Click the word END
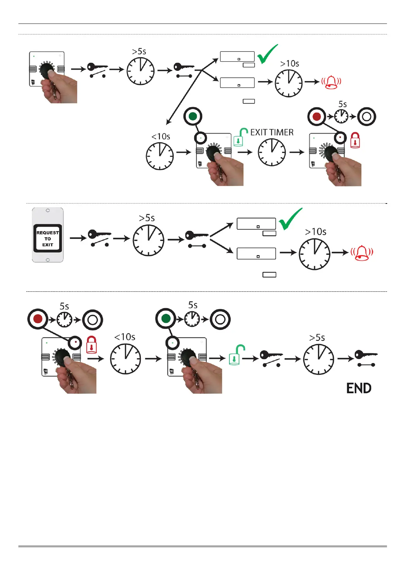(359, 388)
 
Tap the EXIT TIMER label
(272, 132)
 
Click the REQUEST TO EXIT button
(48, 238)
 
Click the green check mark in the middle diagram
(290, 219)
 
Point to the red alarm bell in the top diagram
(331, 82)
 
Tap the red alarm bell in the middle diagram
(362, 253)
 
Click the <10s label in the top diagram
(161, 137)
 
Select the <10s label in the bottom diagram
(125, 337)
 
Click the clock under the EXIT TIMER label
(272, 152)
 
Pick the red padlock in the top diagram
(355, 140)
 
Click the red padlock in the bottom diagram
(91, 345)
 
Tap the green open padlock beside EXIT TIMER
(240, 137)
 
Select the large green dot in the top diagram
(193, 116)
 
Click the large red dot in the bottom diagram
(38, 319)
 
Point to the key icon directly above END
(366, 358)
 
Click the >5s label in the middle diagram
(147, 218)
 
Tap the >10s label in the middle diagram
(315, 232)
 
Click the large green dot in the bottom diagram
(166, 318)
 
